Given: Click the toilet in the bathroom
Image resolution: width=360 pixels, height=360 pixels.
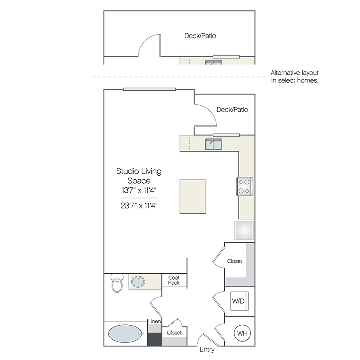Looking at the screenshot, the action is [117, 283].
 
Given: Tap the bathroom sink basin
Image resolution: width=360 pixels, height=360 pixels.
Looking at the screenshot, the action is [138, 282].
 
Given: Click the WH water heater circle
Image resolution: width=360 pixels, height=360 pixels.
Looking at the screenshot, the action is [242, 333].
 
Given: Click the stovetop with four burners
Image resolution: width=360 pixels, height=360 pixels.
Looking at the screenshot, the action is [245, 186].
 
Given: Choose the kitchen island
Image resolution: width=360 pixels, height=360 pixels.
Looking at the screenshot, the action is [193, 196].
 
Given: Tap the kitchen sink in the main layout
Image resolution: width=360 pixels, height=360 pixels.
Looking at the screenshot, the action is [214, 144].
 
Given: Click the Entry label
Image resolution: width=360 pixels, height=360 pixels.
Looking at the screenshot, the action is [207, 350].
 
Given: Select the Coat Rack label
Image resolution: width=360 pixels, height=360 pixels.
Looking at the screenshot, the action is [174, 280].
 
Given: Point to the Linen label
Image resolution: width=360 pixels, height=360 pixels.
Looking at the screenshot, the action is [154, 321].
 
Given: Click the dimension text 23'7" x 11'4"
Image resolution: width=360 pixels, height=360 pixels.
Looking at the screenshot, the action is [139, 206].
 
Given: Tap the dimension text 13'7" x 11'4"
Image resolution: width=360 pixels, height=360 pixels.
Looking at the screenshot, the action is [139, 190].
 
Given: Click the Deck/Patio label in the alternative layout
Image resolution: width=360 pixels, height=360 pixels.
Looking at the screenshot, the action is [200, 36].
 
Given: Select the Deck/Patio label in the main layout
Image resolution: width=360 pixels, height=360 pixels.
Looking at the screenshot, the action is [232, 110].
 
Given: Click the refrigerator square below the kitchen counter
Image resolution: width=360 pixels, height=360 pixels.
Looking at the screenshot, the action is [244, 230].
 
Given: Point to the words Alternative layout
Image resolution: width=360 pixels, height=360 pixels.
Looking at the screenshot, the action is [294, 73].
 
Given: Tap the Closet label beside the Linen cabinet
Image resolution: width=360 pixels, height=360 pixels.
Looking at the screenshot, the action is [174, 333].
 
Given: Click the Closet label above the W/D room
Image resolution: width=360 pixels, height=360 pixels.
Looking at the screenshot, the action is [234, 261].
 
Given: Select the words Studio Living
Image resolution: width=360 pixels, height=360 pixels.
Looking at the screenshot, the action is [139, 171].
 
